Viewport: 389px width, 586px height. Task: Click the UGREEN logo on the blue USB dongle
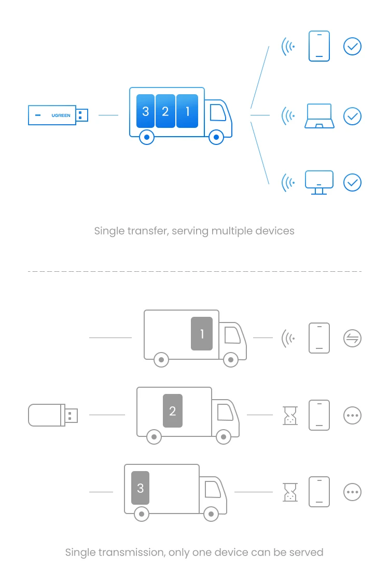coord(61,115)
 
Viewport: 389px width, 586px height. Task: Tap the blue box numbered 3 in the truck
coord(146,111)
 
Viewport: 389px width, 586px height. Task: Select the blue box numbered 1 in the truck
coord(187,111)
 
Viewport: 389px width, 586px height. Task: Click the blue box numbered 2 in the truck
coord(165,111)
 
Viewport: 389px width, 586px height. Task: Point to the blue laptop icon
coord(319,116)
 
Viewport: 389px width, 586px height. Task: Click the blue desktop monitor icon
coord(319,182)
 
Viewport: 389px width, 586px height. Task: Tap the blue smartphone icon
coord(319,46)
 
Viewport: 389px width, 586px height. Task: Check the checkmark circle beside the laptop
coord(352,116)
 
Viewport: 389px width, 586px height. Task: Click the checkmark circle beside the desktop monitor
coord(352,182)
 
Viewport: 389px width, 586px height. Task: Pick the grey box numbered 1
coord(202,334)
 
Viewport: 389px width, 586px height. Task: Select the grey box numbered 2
coord(173,411)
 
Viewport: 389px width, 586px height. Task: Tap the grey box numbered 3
coord(141,488)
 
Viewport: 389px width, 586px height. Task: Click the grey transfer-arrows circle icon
coord(352,338)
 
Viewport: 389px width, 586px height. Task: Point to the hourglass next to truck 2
coord(290,416)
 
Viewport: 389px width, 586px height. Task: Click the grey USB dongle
coord(53,415)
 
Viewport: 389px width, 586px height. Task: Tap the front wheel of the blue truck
coord(216,137)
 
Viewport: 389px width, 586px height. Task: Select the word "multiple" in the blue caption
coord(232,231)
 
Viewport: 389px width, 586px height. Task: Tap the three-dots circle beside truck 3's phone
coord(352,492)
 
